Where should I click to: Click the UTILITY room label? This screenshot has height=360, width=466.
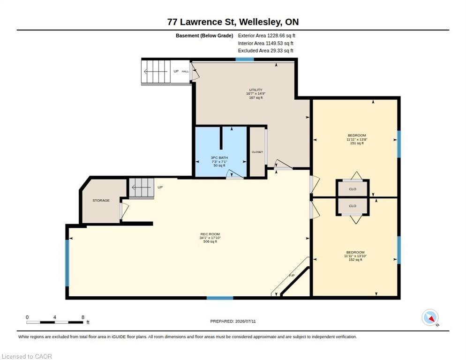256,90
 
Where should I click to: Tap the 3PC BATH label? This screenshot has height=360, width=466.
219,157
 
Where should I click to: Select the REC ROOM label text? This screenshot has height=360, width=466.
210,234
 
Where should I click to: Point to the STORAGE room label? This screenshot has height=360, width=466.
101,200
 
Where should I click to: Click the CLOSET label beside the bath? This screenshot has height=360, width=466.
257,152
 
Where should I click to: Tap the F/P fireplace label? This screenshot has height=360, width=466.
292,276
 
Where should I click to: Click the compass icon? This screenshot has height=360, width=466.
430,317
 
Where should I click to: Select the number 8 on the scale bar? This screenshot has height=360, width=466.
83,317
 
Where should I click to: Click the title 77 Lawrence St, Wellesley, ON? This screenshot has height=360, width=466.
233,22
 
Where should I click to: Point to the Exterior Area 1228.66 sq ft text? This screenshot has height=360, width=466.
267,35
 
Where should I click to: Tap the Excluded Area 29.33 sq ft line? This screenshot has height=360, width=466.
266,51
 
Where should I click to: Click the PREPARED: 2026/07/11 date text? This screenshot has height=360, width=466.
233,322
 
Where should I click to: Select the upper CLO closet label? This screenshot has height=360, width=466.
353,189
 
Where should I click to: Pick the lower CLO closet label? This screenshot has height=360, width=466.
353,206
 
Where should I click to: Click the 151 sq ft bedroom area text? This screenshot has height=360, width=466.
357,143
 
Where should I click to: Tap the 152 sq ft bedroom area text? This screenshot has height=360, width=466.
355,260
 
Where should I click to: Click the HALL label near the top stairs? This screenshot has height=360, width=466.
185,71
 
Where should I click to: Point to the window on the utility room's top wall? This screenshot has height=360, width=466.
245,60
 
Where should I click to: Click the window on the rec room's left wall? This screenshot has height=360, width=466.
67,263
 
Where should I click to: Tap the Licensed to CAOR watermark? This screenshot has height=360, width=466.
27,356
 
